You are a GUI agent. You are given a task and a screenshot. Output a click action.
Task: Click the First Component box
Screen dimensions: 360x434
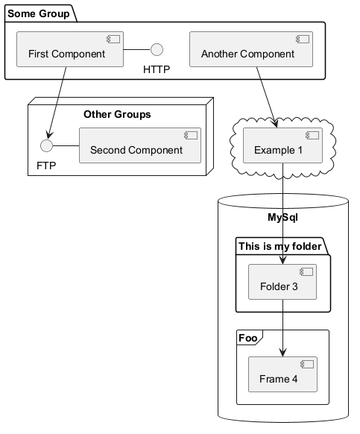pyautogui.click(x=70, y=49)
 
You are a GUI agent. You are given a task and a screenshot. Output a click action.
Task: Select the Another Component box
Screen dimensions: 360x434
pyautogui.click(x=251, y=49)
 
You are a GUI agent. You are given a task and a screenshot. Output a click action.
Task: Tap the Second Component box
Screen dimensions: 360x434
pyautogui.click(x=140, y=145)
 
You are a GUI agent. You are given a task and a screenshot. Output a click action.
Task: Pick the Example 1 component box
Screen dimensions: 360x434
pyautogui.click(x=282, y=145)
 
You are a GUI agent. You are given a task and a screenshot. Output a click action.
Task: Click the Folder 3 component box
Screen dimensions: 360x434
pyautogui.click(x=282, y=282)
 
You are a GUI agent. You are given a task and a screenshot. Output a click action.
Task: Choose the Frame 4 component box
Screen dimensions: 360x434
pyautogui.click(x=282, y=374)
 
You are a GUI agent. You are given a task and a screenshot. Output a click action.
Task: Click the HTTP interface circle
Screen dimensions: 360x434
pyautogui.click(x=157, y=49)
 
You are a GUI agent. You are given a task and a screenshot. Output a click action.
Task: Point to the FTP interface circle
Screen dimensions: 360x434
pyautogui.click(x=46, y=145)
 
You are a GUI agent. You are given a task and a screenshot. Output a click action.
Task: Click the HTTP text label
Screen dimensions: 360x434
pyautogui.click(x=157, y=69)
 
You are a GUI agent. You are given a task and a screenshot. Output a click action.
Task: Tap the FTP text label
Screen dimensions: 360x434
pyautogui.click(x=46, y=166)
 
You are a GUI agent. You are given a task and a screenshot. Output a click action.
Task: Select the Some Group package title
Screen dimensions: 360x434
pyautogui.click(x=39, y=13)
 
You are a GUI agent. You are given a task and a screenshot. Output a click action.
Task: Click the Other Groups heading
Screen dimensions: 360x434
pyautogui.click(x=117, y=114)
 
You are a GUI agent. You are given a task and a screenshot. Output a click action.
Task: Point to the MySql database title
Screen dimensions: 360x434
pyautogui.click(x=282, y=217)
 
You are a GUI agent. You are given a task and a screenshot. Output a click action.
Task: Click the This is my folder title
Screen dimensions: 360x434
pyautogui.click(x=280, y=246)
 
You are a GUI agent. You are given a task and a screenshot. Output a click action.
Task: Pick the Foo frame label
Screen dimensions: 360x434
pyautogui.click(x=247, y=338)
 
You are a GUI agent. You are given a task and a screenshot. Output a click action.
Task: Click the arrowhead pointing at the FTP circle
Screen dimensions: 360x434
pyautogui.click(x=49, y=135)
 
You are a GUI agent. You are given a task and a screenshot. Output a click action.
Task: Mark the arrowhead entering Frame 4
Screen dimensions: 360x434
pyautogui.click(x=282, y=353)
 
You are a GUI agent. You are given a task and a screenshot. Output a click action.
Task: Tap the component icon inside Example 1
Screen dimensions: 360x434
pyautogui.click(x=312, y=135)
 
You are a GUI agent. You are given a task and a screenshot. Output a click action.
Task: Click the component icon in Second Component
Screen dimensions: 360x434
pyautogui.click(x=191, y=135)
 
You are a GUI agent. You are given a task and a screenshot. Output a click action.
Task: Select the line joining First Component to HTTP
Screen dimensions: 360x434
pyautogui.click(x=137, y=49)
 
